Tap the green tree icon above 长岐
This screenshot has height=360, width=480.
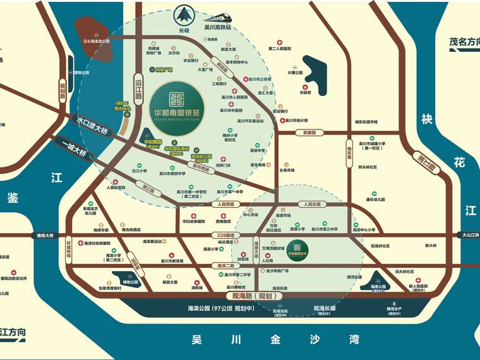[184, 15]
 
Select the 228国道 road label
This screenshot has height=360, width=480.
[225, 235]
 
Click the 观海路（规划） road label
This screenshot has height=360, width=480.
[252, 295]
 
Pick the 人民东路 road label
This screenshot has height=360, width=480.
[311, 205]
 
